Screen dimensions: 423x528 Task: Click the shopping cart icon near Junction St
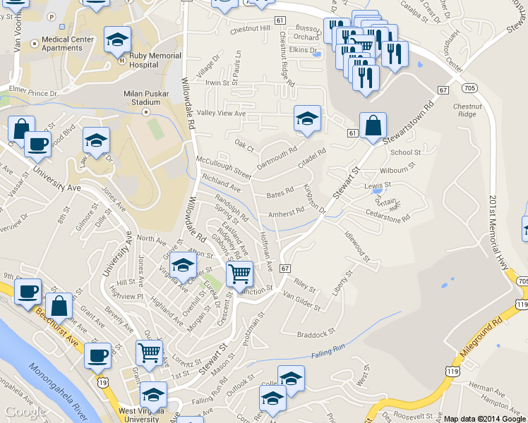coord(240,273)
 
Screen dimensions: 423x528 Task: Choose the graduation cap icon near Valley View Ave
coord(307,119)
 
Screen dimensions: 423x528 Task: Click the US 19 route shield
coord(102,381)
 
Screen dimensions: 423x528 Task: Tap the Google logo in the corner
coord(25,412)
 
